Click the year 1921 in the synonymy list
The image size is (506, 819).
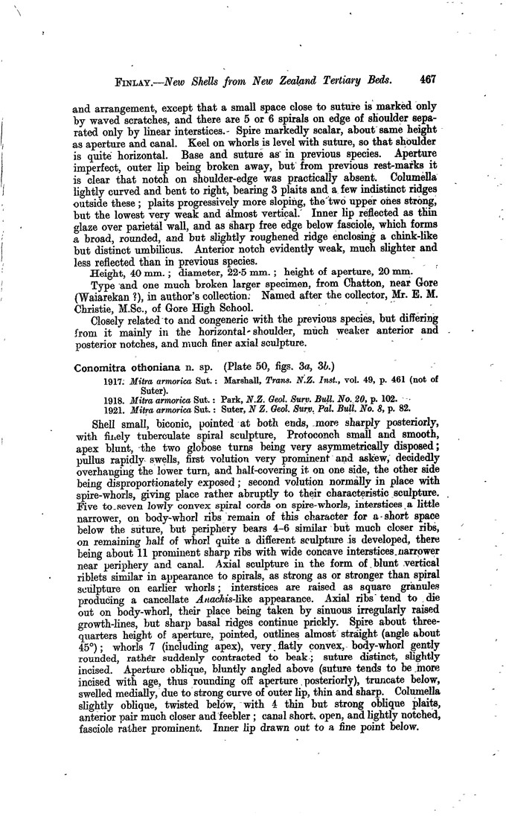pyautogui.click(x=114, y=409)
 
